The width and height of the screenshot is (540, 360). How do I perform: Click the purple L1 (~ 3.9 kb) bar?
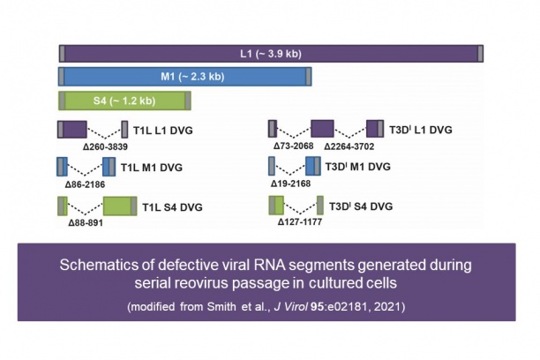[x=271, y=53]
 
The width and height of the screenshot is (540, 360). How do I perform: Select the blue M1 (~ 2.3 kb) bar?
[x=185, y=77]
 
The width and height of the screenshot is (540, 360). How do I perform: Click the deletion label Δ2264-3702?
[x=351, y=146]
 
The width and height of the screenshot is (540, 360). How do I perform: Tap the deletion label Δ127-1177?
[x=301, y=224]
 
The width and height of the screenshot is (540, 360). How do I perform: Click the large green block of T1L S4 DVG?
[x=118, y=207]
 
